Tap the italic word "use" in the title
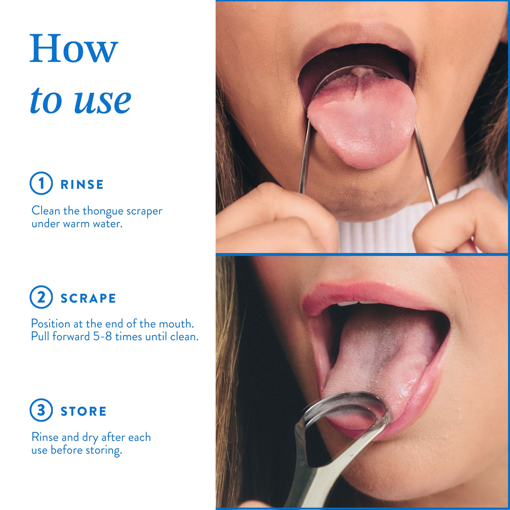[103, 100]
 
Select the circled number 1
[41, 183]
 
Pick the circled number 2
[41, 297]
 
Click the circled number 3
[41, 410]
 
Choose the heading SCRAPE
[88, 298]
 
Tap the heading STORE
[83, 411]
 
